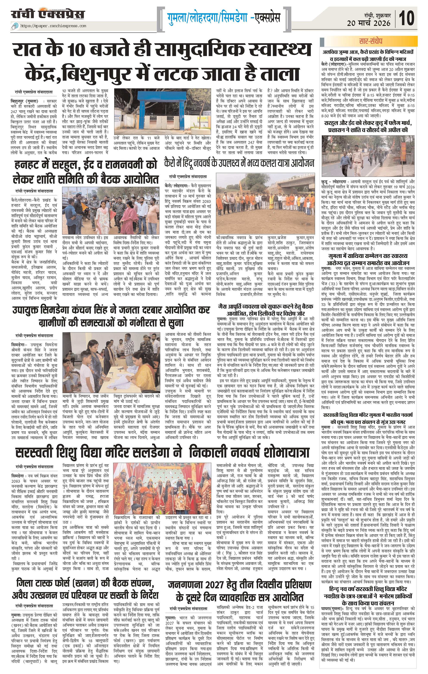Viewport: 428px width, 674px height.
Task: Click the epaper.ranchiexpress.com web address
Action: click(x=53, y=26)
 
